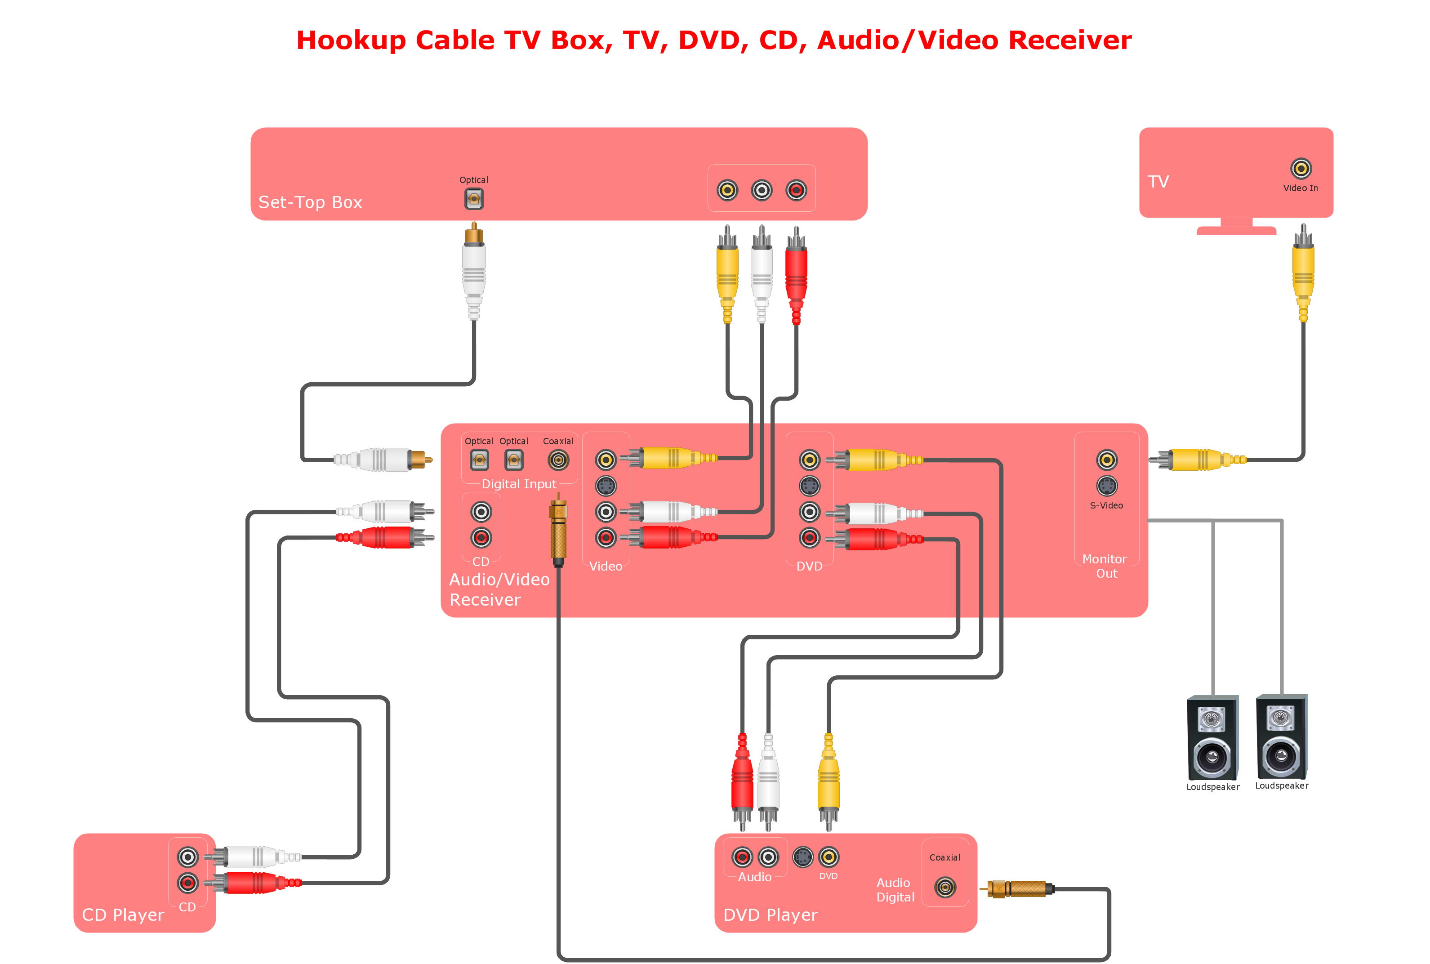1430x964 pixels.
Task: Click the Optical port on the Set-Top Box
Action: [x=473, y=199]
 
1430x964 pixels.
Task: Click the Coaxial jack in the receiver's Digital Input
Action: [x=558, y=460]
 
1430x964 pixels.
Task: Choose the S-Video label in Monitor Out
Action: [x=1106, y=505]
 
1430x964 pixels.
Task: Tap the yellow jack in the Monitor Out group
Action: [x=1106, y=460]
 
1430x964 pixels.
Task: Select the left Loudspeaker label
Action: [x=1212, y=787]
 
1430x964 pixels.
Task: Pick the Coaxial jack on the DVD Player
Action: [x=944, y=887]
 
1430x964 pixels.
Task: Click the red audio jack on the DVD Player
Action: [x=742, y=857]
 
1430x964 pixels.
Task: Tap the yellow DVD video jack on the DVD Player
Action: [x=829, y=857]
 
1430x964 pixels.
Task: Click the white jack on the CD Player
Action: [x=187, y=857]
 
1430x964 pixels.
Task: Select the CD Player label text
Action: [x=123, y=915]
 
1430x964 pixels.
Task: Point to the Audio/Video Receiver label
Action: [x=499, y=589]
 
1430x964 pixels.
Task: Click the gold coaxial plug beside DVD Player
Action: [x=1020, y=888]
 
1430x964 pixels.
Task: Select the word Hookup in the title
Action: [x=351, y=40]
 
